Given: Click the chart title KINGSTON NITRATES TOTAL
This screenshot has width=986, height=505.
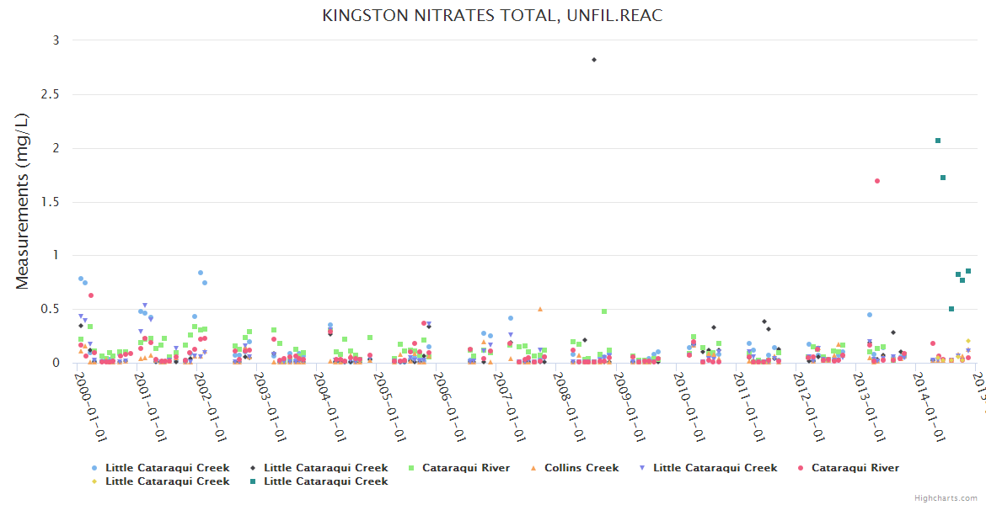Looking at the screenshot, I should tap(492, 16).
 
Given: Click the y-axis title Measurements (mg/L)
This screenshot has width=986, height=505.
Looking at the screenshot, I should tap(23, 202).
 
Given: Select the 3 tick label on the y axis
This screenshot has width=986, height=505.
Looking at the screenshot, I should tap(56, 40).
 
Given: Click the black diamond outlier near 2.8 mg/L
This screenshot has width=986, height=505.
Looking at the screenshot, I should tap(594, 60).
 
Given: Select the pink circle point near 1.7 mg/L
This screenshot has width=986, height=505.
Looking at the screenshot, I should tap(877, 181).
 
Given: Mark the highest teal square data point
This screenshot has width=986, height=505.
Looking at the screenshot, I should tap(938, 141).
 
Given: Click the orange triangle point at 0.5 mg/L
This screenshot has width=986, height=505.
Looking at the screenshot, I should tap(540, 309).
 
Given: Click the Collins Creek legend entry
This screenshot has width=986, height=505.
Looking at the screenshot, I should tap(581, 468).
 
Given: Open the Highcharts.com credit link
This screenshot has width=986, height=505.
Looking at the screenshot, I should tap(946, 498).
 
